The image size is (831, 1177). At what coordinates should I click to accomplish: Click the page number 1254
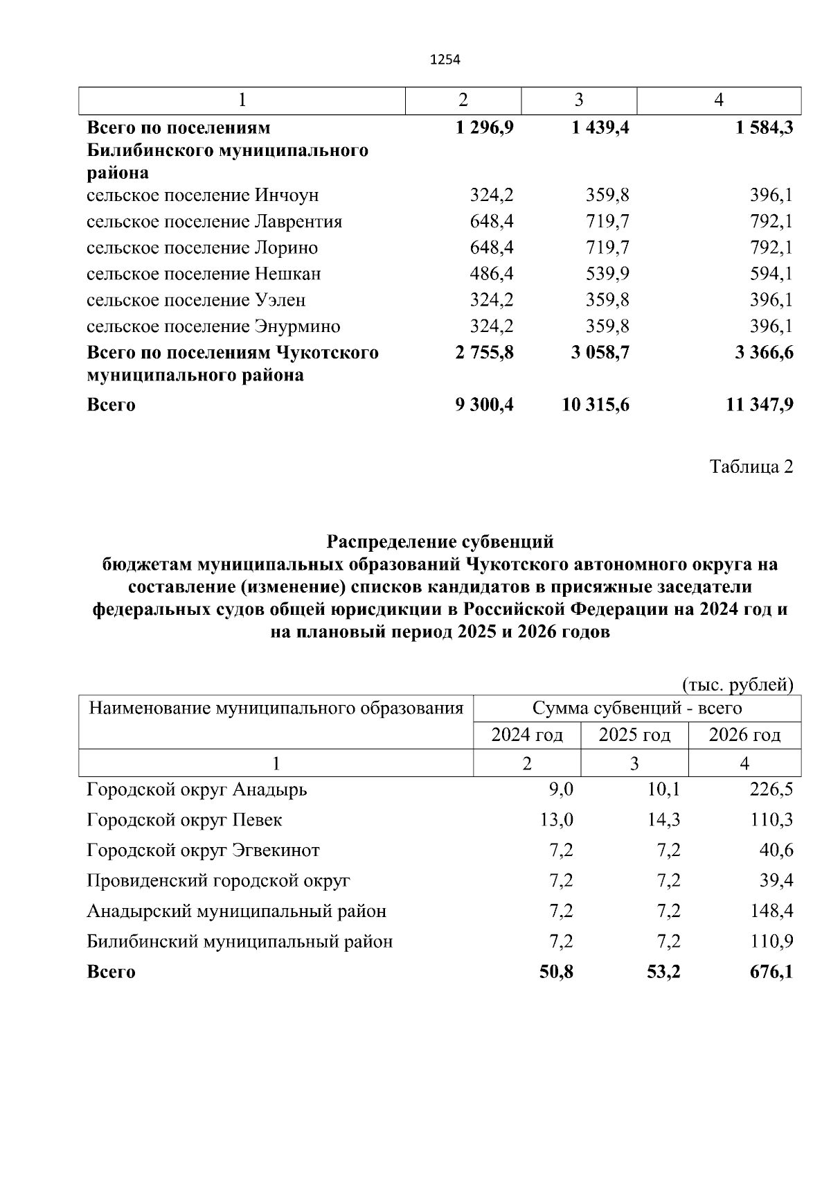(445, 60)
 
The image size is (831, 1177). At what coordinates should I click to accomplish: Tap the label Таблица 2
(751, 467)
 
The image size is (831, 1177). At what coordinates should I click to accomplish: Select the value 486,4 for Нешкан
(491, 274)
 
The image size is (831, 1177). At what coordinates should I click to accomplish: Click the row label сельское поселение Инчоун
(202, 195)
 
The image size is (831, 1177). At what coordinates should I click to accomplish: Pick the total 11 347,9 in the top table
(759, 405)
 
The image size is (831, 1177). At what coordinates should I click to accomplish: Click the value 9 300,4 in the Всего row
(484, 405)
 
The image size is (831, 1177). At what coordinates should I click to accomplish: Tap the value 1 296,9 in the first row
(484, 128)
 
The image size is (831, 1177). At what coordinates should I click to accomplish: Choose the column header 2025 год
(634, 735)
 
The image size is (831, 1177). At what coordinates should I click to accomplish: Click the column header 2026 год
(744, 735)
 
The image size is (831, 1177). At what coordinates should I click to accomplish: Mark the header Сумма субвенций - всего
(636, 708)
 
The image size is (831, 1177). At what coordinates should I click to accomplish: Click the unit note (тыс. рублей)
(738, 685)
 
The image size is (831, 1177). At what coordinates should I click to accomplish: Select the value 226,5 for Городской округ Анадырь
(771, 790)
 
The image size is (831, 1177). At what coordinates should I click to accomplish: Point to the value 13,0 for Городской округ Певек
(556, 820)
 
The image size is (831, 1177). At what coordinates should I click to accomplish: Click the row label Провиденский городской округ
(218, 880)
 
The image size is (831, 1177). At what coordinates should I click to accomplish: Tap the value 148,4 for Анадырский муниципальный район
(771, 911)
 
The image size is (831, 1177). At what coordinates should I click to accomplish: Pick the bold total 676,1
(771, 972)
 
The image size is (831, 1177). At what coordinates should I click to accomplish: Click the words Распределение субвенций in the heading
(440, 541)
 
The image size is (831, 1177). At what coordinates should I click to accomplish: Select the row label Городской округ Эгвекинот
(203, 850)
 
